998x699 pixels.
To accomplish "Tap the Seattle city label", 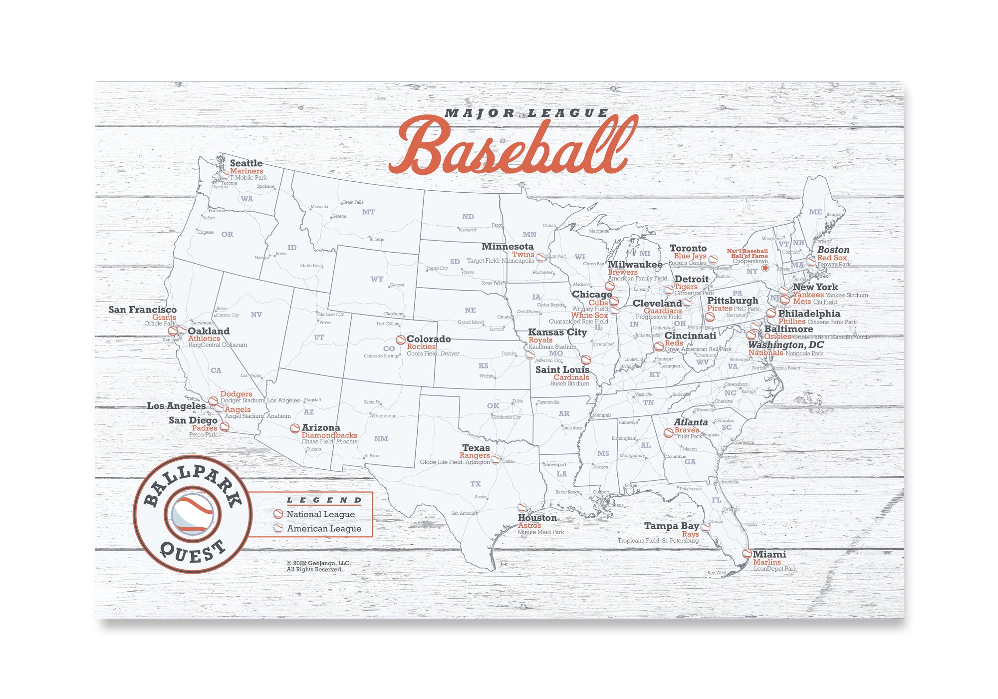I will pos(246,163).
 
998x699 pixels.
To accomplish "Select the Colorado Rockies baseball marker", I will pos(400,340).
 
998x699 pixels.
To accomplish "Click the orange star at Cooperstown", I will pos(765,268).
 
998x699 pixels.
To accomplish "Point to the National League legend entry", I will pos(320,514).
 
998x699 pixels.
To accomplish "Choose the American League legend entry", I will pos(324,529).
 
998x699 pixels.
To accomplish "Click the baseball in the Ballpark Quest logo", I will pos(193,514).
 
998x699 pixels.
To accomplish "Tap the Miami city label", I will pos(769,554).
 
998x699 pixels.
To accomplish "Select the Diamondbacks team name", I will pos(329,435).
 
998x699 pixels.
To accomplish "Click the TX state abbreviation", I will pos(476,484).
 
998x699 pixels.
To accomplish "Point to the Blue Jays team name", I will pos(690,256).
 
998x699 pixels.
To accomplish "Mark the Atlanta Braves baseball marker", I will pos(668,433).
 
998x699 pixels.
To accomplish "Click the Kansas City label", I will pos(557,332).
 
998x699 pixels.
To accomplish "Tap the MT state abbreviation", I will pos(368,212).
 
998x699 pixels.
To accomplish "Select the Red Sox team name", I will pos(832,258).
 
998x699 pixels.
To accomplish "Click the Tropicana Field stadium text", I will pos(658,541).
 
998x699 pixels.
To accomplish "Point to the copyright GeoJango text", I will pos(318,566).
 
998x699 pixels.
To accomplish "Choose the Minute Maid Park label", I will pos(541,532).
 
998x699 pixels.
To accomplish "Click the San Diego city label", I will pos(193,420).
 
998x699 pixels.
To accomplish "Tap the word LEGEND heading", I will pos(324,500).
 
